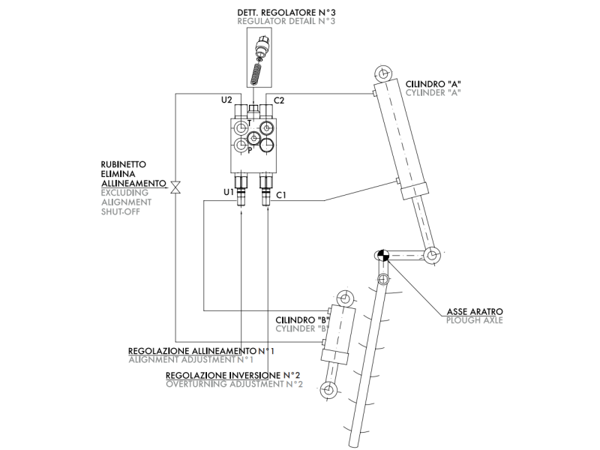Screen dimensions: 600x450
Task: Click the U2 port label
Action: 226,100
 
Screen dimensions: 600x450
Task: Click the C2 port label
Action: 279,100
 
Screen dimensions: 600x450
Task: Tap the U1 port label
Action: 229,192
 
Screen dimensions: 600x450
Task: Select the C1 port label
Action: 281,195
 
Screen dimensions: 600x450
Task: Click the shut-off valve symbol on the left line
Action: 175,187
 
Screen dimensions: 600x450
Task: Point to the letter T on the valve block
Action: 250,123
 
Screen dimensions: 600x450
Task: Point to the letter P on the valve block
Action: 250,151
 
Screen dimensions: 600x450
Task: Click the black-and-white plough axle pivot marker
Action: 382,255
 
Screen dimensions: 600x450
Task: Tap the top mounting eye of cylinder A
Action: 382,73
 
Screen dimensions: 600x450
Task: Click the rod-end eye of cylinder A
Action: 432,255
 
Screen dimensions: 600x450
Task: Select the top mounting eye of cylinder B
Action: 344,298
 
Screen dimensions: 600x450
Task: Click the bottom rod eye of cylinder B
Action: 328,390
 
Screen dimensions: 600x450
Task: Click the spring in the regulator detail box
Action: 255,74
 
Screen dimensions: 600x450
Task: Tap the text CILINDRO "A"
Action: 433,84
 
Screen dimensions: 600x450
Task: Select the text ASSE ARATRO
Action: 475,311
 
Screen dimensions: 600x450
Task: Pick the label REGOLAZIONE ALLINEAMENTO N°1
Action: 201,351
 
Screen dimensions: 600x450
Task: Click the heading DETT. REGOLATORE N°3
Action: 286,13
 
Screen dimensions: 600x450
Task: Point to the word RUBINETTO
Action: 124,164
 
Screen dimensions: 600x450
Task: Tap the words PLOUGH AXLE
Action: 475,320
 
